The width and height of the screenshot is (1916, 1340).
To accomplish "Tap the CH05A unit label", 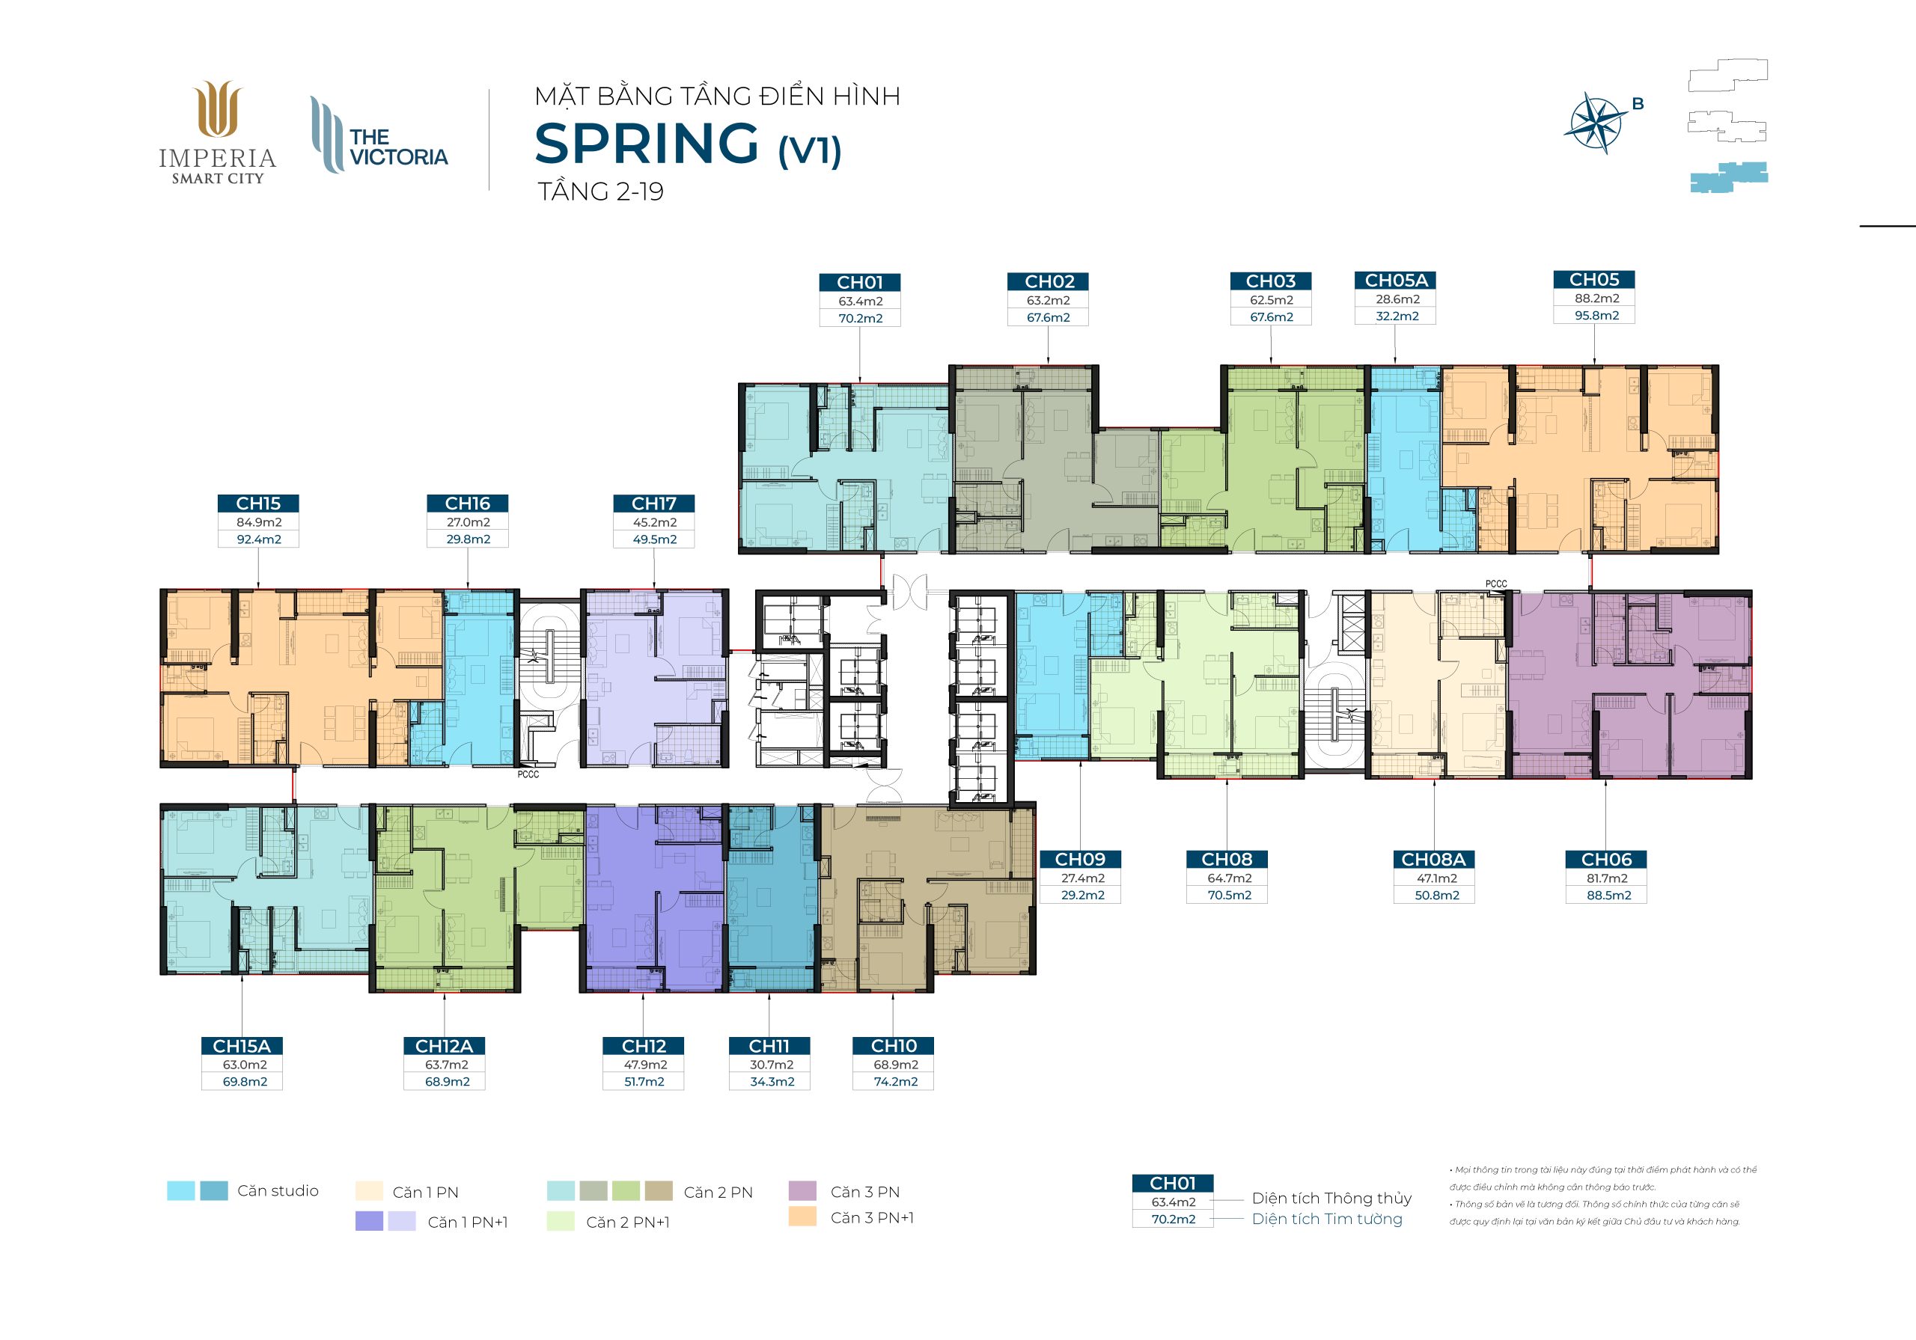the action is (x=1396, y=281).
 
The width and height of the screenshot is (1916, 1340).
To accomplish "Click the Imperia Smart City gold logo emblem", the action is (x=218, y=108).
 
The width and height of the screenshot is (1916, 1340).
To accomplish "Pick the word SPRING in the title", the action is (x=647, y=144).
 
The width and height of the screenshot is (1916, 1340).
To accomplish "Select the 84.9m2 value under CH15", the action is (x=259, y=522).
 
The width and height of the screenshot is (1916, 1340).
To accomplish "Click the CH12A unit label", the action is (x=444, y=1046).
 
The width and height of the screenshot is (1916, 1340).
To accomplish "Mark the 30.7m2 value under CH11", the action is (x=771, y=1065).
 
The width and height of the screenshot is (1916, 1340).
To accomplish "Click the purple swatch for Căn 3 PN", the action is (x=802, y=1190).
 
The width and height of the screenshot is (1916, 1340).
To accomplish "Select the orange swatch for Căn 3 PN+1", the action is (x=802, y=1217).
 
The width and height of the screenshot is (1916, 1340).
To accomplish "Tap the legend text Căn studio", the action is (x=278, y=1190).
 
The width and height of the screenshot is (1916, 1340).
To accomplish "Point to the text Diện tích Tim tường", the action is (x=1327, y=1219).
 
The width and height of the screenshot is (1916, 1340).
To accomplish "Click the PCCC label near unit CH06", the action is (x=1496, y=584).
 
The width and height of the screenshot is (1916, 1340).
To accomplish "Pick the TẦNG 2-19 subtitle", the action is (x=601, y=191).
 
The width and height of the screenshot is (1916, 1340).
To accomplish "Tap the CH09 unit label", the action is (x=1080, y=860).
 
